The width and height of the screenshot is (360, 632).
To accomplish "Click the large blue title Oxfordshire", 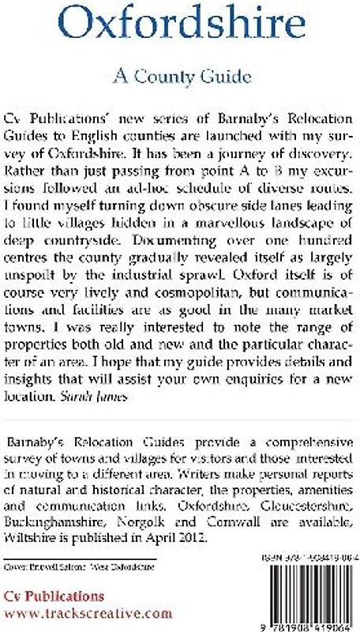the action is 180,28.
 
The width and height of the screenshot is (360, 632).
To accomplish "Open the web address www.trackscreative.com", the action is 88,612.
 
